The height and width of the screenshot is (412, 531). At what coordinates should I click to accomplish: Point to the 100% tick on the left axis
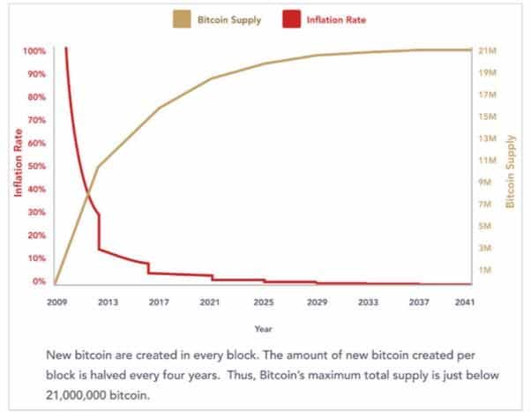point(34,50)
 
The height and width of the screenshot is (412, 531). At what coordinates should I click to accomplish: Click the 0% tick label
point(39,281)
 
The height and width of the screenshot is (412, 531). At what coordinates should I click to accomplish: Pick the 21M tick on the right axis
point(488,50)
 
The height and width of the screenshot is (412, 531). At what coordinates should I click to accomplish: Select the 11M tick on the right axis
point(488,161)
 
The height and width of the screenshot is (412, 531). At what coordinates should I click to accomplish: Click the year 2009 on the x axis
point(56,303)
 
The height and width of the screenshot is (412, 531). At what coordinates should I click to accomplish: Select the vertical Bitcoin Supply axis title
point(511,171)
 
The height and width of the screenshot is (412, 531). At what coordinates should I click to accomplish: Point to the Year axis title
point(263,329)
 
